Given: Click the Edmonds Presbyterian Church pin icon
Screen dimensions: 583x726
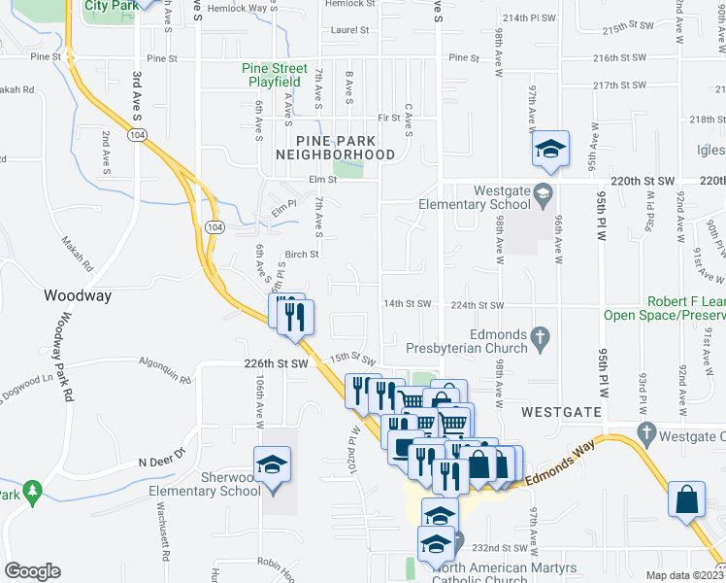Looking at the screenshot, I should [x=544, y=339].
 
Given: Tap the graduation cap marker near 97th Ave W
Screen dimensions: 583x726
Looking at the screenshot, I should [x=550, y=149].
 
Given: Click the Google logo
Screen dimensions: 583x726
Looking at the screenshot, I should [x=32, y=571].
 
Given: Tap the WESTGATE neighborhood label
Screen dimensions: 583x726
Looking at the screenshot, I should [x=558, y=412].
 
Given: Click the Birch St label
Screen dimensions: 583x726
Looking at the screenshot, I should [x=302, y=256].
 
